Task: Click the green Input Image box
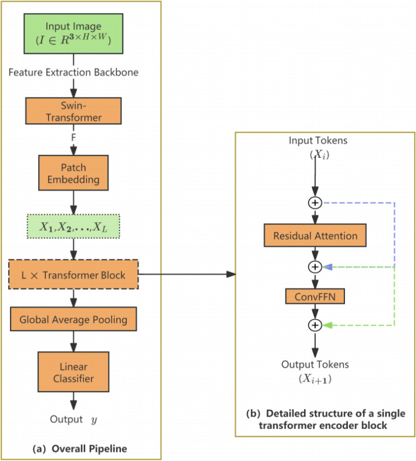[73, 33]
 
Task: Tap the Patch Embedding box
[73, 172]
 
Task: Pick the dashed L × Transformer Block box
[73, 275]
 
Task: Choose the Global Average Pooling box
[73, 320]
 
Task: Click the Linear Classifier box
[73, 370]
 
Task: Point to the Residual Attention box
[315, 236]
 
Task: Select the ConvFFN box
[315, 296]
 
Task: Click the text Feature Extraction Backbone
[73, 73]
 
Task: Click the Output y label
[73, 421]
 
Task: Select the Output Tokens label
[315, 364]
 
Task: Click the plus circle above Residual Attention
[315, 203]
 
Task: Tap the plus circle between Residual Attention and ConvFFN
[315, 267]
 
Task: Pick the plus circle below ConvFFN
[315, 325]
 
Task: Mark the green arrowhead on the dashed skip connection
[330, 325]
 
